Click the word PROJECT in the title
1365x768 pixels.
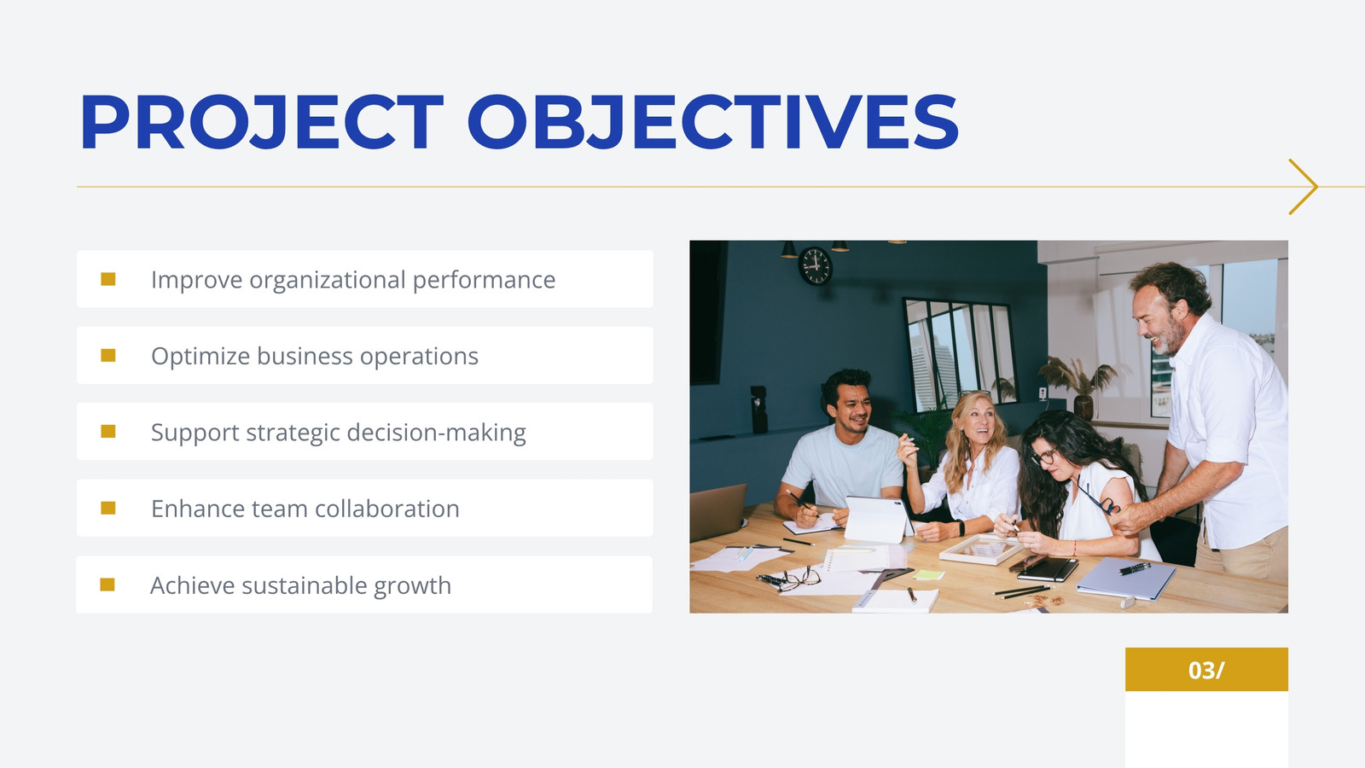(x=261, y=122)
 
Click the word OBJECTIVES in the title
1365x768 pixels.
(x=713, y=122)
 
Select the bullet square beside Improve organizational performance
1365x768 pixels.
(x=107, y=279)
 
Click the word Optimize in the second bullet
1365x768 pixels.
(x=200, y=357)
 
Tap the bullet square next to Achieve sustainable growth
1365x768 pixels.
(x=107, y=585)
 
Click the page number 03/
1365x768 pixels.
(x=1206, y=670)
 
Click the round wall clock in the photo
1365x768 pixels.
(x=815, y=265)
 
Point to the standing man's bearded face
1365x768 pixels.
(x=1157, y=320)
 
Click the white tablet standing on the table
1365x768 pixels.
(x=878, y=519)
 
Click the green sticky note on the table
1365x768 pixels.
(x=929, y=575)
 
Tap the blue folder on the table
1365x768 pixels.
(x=1126, y=579)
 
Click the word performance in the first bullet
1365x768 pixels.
(x=484, y=281)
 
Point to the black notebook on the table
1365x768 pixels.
(x=1047, y=568)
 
